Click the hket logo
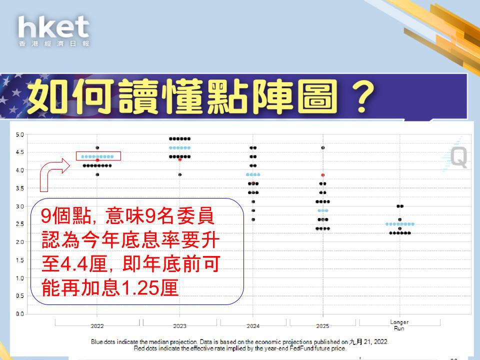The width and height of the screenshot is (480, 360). pyautogui.click(x=54, y=31)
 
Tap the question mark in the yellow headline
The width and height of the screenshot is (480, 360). pyautogui.click(x=363, y=96)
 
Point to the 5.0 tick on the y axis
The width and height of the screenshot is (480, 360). pyautogui.click(x=20, y=134)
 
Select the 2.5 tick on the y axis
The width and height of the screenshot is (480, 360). pyautogui.click(x=20, y=224)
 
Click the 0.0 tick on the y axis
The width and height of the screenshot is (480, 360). pyautogui.click(x=20, y=314)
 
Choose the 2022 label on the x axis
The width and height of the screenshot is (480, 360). pyautogui.click(x=97, y=326)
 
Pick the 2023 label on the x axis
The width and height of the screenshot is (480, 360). pyautogui.click(x=179, y=326)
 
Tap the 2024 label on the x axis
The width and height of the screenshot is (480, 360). pyautogui.click(x=253, y=326)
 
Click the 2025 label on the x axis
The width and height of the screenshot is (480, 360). pyautogui.click(x=322, y=326)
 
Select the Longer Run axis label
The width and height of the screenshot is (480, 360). pyautogui.click(x=399, y=325)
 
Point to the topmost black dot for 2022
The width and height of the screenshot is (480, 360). pyautogui.click(x=97, y=148)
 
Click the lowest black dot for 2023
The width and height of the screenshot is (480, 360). pyautogui.click(x=180, y=174)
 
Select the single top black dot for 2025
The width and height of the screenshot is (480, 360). pyautogui.click(x=322, y=148)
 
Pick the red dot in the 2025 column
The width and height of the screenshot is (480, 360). pyautogui.click(x=322, y=175)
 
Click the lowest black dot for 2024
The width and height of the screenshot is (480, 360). pyautogui.click(x=253, y=219)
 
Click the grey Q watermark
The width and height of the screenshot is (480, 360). pyautogui.click(x=458, y=156)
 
